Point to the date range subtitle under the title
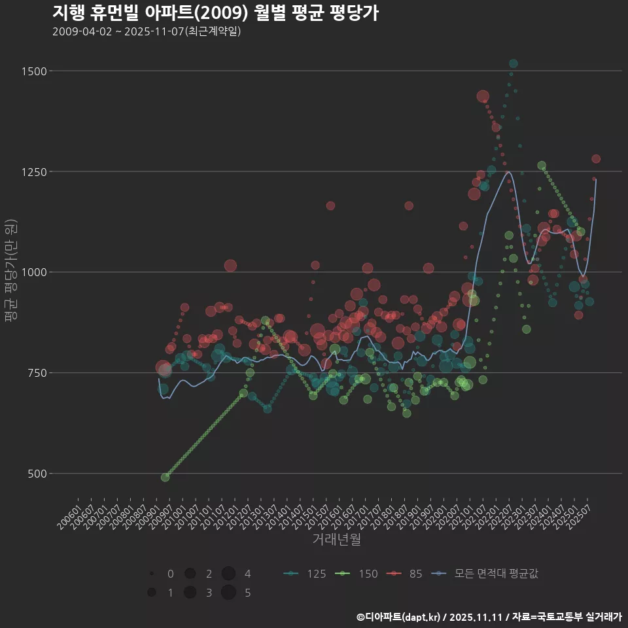tap(147, 31)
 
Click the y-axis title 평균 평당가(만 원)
tap(10, 272)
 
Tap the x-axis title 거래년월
tap(336, 539)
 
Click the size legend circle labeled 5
tap(228, 593)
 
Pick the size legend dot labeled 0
tap(152, 574)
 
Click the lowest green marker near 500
tap(165, 478)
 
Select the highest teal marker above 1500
tap(514, 63)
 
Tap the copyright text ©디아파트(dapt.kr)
tap(399, 617)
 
